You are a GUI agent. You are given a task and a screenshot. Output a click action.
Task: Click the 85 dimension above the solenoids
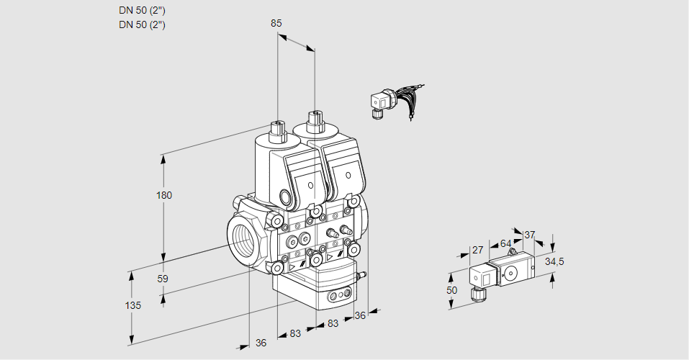point(276,23)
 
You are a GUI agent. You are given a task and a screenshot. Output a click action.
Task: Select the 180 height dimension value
point(166,195)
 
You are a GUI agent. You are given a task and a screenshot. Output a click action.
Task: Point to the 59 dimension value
point(163,279)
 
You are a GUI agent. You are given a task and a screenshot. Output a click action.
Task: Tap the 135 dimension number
point(132,305)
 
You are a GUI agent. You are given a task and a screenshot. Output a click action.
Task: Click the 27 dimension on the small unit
point(477,250)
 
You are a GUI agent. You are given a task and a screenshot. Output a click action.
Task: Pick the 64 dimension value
point(505,243)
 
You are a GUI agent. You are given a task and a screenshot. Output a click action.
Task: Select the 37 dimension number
point(530,235)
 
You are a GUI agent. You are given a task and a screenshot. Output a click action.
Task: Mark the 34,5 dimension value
point(554,261)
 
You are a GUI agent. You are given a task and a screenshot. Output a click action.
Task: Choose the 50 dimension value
point(451,289)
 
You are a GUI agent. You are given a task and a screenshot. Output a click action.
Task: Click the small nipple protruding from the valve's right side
point(363,274)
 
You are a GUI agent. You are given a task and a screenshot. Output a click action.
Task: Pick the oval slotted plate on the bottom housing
point(338,294)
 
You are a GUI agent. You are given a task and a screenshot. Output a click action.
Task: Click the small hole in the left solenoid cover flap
point(311,186)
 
